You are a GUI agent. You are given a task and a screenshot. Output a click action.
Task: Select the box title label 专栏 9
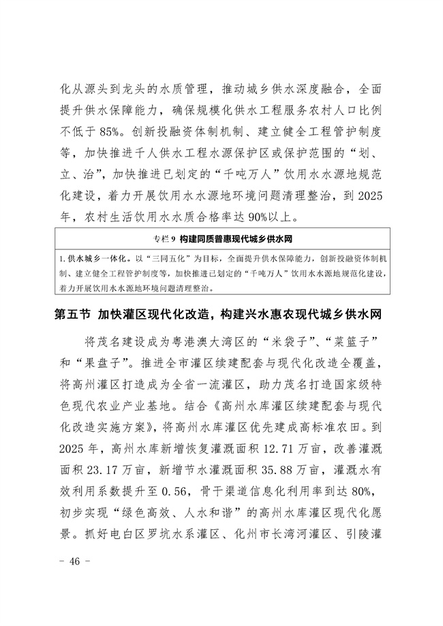[x=164, y=238]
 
